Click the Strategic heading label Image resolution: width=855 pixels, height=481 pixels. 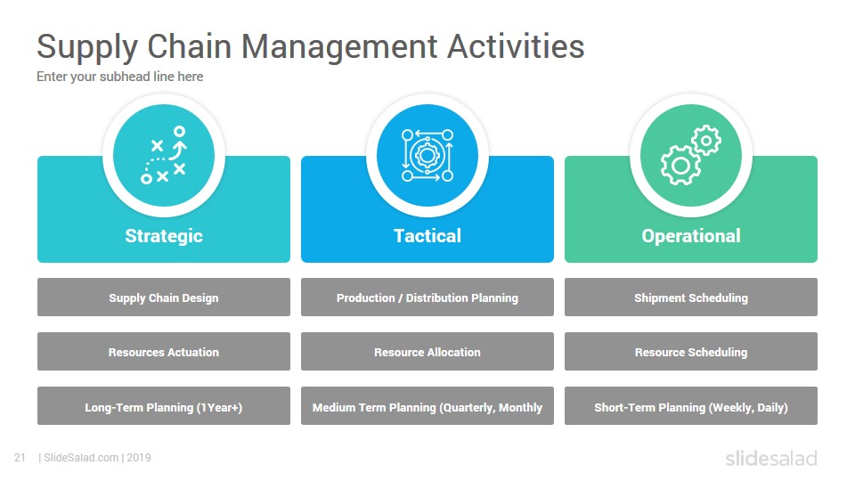164,235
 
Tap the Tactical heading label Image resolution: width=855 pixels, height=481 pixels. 427,235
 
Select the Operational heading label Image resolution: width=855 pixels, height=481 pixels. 691,235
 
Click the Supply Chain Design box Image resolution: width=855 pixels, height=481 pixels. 164,298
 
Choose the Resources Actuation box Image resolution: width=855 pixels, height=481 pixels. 164,352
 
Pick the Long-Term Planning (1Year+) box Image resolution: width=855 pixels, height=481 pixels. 164,406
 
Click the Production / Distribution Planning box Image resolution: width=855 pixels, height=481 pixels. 427,298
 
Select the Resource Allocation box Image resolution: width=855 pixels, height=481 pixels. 427,352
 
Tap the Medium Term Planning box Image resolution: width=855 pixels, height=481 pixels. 427,406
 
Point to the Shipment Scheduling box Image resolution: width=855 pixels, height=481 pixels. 691,298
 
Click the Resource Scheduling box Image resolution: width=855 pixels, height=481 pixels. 691,352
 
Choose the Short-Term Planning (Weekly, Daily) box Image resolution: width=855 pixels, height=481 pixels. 691,406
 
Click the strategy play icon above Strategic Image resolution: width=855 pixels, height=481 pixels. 164,155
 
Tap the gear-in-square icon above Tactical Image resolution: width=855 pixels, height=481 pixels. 427,155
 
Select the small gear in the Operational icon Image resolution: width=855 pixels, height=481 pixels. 706,140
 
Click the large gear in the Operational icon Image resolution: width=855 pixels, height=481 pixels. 680,166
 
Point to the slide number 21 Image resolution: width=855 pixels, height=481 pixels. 20,458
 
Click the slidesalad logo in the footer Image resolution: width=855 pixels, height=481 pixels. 771,458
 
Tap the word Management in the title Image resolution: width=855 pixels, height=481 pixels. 339,48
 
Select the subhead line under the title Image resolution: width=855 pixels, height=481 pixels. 120,77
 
